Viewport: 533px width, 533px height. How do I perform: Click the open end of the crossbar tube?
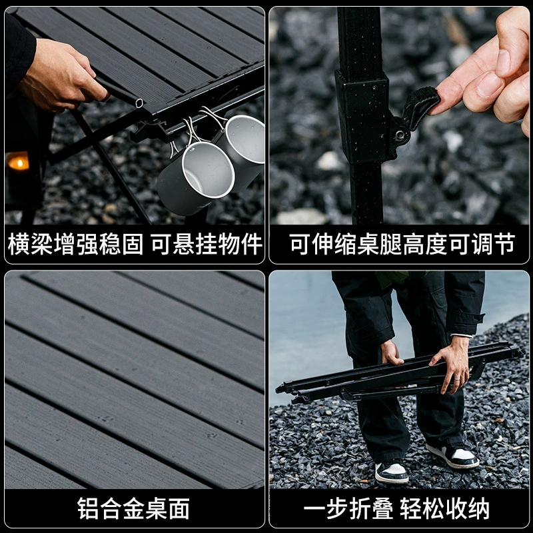139,103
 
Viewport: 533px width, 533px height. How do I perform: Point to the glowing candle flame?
19,162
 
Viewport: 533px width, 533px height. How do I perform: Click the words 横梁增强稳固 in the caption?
75,245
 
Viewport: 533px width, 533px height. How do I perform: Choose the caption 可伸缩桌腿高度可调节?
401,245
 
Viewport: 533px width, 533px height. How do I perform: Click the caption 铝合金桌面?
133,509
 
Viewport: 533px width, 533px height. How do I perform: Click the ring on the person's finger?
458,381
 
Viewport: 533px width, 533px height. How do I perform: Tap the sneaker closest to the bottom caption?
392,472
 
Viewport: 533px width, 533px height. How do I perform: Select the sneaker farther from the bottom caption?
454,456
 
